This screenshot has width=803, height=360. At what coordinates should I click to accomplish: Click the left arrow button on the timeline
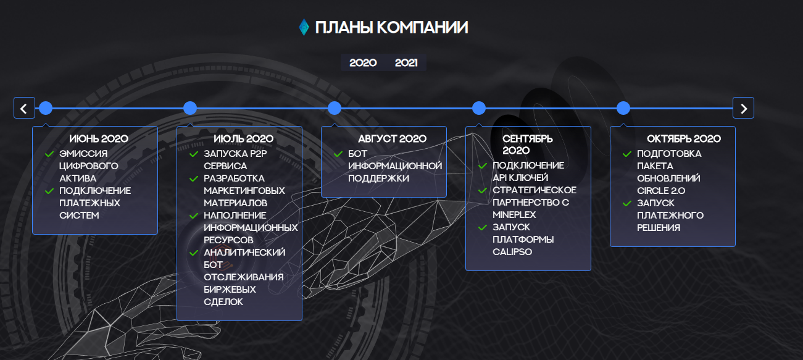[x=24, y=108]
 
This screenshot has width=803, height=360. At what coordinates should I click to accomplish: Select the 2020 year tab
[x=363, y=63]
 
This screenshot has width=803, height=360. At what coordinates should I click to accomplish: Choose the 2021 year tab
[x=406, y=63]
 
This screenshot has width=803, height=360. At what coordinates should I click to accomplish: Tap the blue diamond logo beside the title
[x=304, y=27]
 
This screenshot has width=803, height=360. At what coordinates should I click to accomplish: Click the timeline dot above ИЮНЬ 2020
[x=46, y=108]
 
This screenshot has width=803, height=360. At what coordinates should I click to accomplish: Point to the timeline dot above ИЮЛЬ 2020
[x=190, y=108]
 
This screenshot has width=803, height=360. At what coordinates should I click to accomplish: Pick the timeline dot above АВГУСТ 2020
[x=335, y=108]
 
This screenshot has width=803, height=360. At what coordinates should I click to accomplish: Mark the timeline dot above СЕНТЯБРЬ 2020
[x=479, y=108]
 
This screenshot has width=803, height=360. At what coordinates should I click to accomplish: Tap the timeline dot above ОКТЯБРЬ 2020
[x=623, y=108]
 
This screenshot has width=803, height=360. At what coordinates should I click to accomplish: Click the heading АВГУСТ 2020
[x=392, y=139]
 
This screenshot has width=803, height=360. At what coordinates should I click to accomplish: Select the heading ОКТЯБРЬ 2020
[x=684, y=139]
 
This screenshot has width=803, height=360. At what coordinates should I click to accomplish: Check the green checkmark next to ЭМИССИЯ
[x=49, y=154]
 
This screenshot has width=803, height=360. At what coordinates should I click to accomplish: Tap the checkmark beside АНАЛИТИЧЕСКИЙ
[x=194, y=253]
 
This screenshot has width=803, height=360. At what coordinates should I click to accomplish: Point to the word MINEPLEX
[x=514, y=215]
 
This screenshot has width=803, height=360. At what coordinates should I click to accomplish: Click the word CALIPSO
[x=512, y=252]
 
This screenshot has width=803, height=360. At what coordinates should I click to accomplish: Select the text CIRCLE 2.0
[x=661, y=191]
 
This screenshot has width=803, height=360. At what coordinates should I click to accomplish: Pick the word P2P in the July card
[x=258, y=154]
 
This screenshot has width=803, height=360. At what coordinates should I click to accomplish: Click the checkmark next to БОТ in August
[x=338, y=154]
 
